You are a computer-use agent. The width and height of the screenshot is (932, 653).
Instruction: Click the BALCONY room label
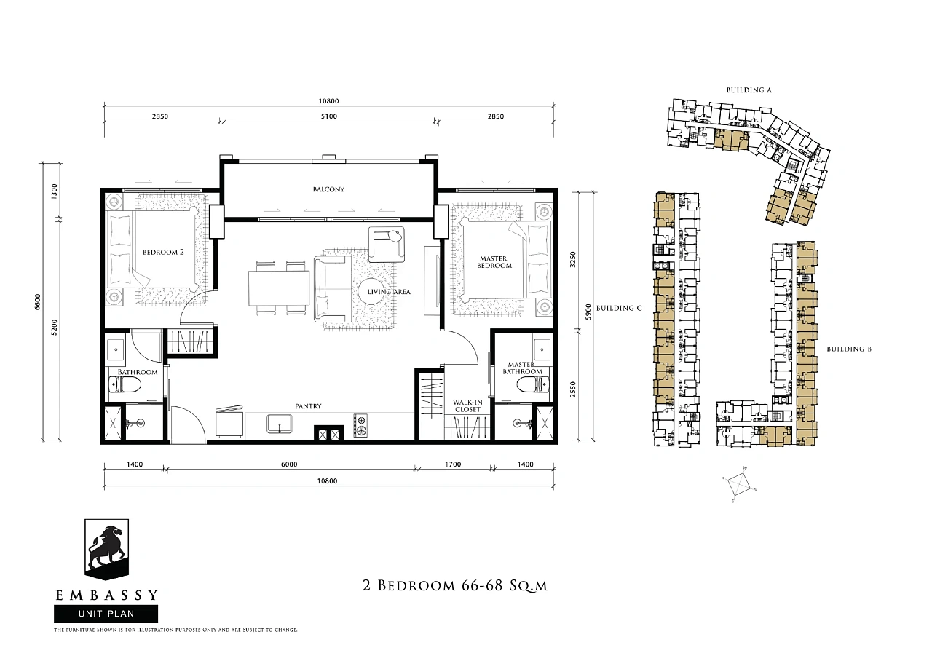point(328,189)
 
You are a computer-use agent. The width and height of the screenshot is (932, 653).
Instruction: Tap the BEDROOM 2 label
point(163,252)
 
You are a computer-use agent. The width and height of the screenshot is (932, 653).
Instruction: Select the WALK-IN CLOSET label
point(467,405)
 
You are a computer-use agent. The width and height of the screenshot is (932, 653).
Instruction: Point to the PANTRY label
point(308,406)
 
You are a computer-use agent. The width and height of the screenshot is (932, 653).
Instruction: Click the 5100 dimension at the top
point(328,116)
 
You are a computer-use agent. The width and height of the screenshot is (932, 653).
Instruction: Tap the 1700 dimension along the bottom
point(453,464)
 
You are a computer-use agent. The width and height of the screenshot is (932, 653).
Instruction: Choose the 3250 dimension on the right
point(573,259)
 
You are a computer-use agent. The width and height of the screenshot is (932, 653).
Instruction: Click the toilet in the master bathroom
point(532,384)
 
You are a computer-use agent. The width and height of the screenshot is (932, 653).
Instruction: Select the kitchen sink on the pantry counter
point(279,424)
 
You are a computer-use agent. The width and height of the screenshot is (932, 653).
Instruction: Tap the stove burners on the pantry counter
point(360,425)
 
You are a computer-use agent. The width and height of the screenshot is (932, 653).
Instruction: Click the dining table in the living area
point(279,288)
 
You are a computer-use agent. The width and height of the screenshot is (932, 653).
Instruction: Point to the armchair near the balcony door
point(387,244)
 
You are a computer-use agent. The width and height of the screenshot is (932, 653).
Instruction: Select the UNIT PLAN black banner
point(106,614)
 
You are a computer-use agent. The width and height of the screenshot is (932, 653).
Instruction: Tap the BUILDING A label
point(749,90)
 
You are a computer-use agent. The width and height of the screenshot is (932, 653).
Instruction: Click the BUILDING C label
point(619,308)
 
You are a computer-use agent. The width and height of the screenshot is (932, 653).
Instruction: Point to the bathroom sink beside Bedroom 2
point(116,349)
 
